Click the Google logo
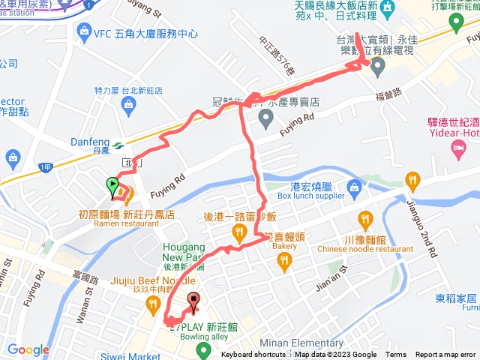coord(28,349)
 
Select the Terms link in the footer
coord(396,355)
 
